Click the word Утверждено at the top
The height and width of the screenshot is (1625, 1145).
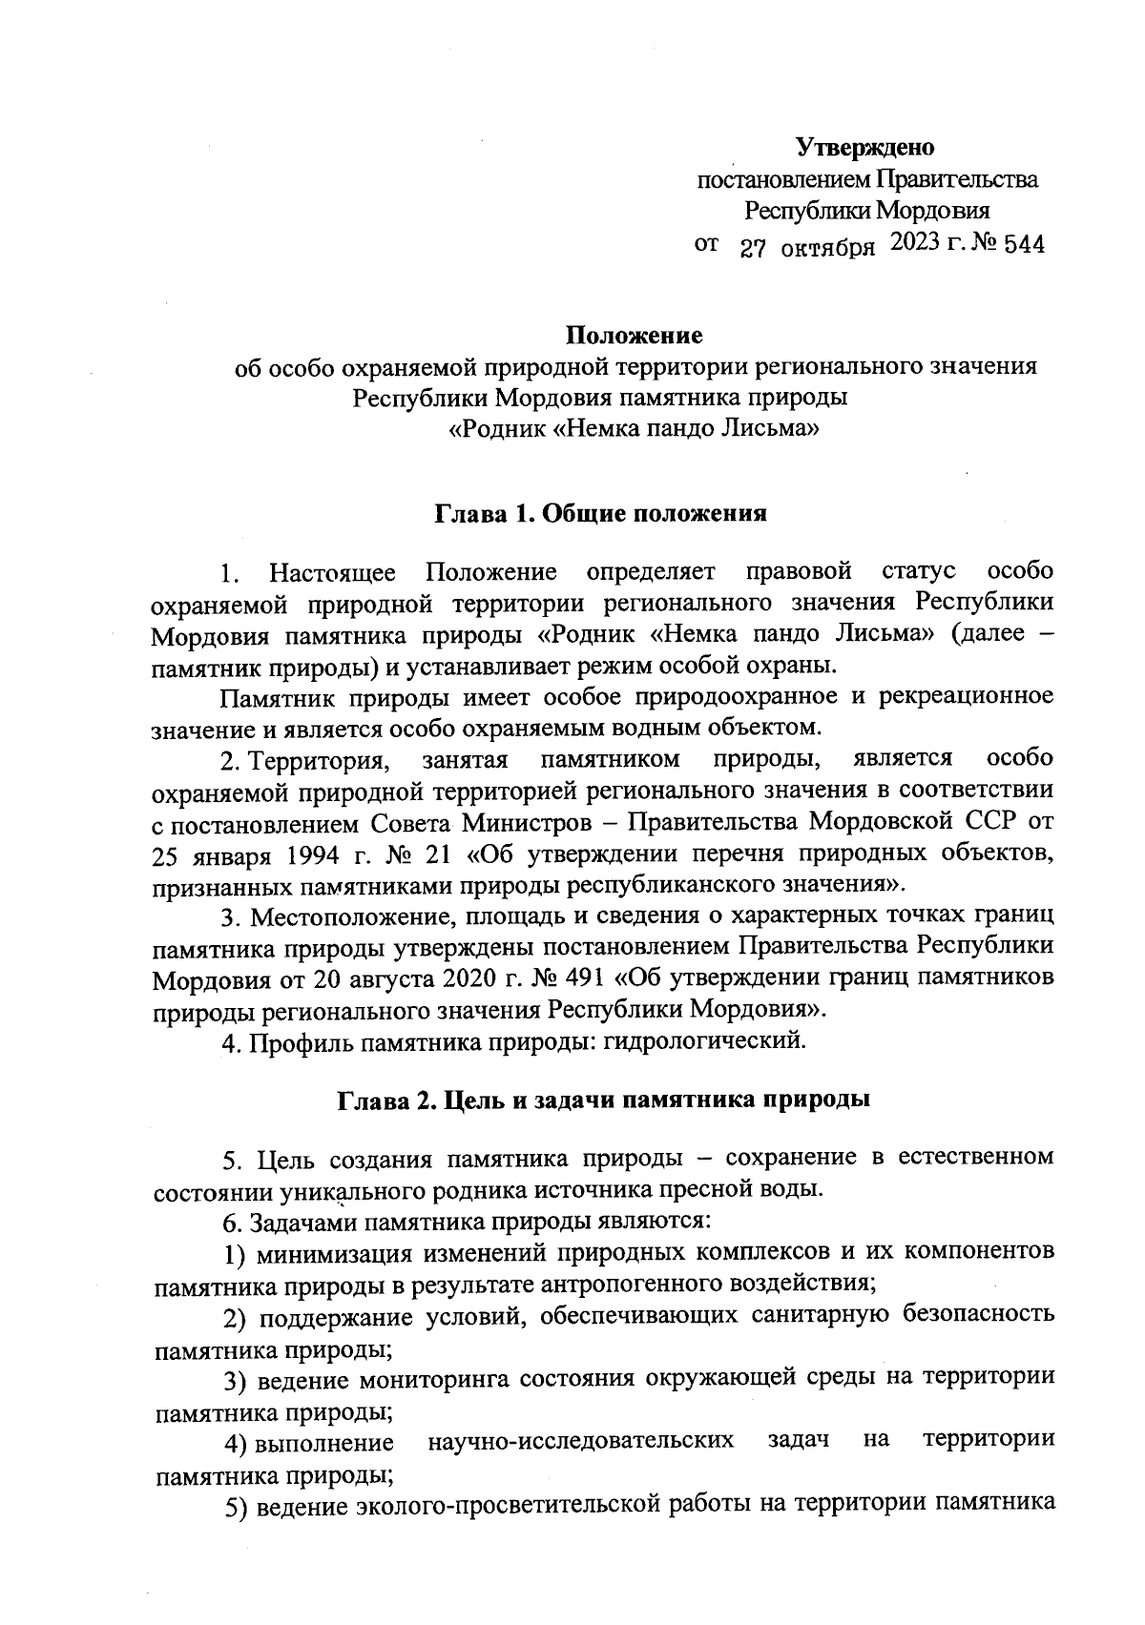(864, 148)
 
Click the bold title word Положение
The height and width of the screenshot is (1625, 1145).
(635, 336)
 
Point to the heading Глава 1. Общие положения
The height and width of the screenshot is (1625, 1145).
(601, 514)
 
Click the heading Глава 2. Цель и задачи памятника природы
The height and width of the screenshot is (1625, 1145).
(603, 1100)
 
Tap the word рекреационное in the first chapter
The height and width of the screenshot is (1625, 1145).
(965, 696)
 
